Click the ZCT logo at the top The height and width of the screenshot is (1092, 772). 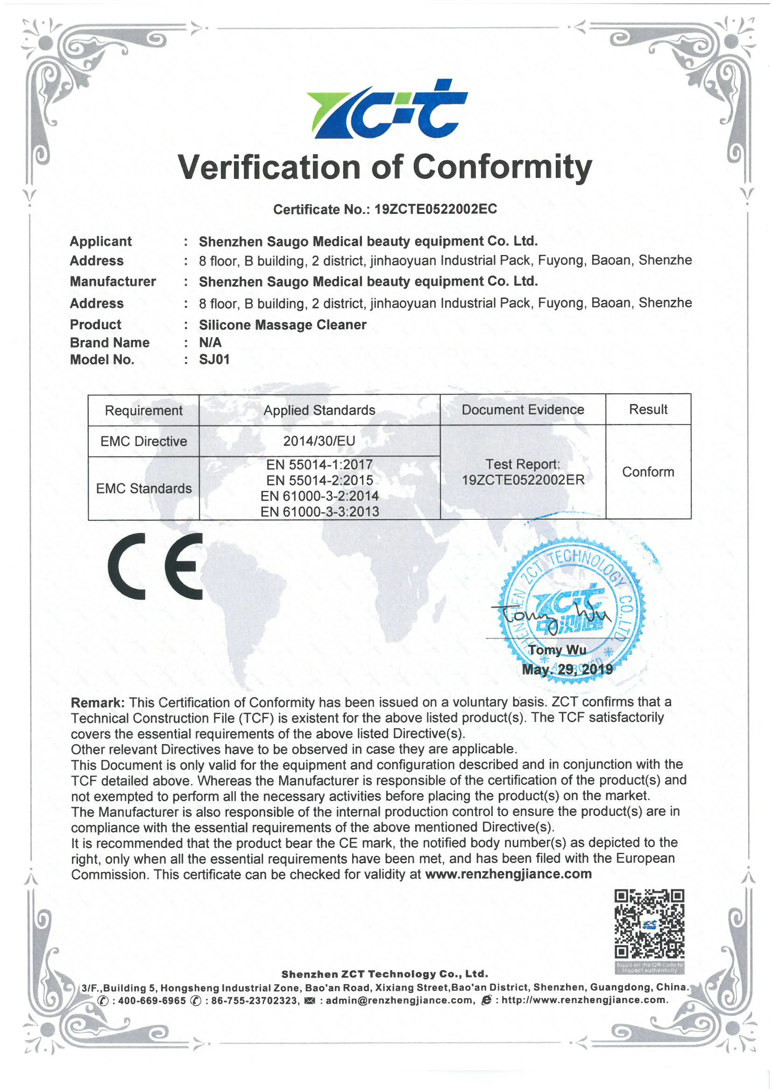tap(386, 109)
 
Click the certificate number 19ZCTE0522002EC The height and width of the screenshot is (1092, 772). tap(435, 209)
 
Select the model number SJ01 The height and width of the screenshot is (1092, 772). tap(214, 360)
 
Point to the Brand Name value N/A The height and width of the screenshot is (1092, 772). tap(210, 342)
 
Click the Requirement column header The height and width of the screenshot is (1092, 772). tap(144, 411)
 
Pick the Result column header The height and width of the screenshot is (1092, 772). tap(648, 410)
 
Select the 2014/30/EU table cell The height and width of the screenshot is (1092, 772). tap(319, 441)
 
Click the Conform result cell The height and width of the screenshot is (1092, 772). tap(648, 472)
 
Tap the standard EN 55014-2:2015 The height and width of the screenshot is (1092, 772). tap(319, 480)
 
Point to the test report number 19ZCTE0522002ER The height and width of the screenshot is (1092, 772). tap(523, 480)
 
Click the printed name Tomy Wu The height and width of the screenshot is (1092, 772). tap(557, 650)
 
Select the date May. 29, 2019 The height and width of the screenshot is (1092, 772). tap(567, 670)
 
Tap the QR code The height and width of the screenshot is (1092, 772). tap(649, 924)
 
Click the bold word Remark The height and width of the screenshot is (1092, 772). tap(98, 703)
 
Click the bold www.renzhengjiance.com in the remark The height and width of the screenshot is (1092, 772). tap(508, 874)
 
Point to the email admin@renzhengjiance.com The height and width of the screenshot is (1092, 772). tap(400, 1000)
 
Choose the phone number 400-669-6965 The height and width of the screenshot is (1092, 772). tap(152, 1000)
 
